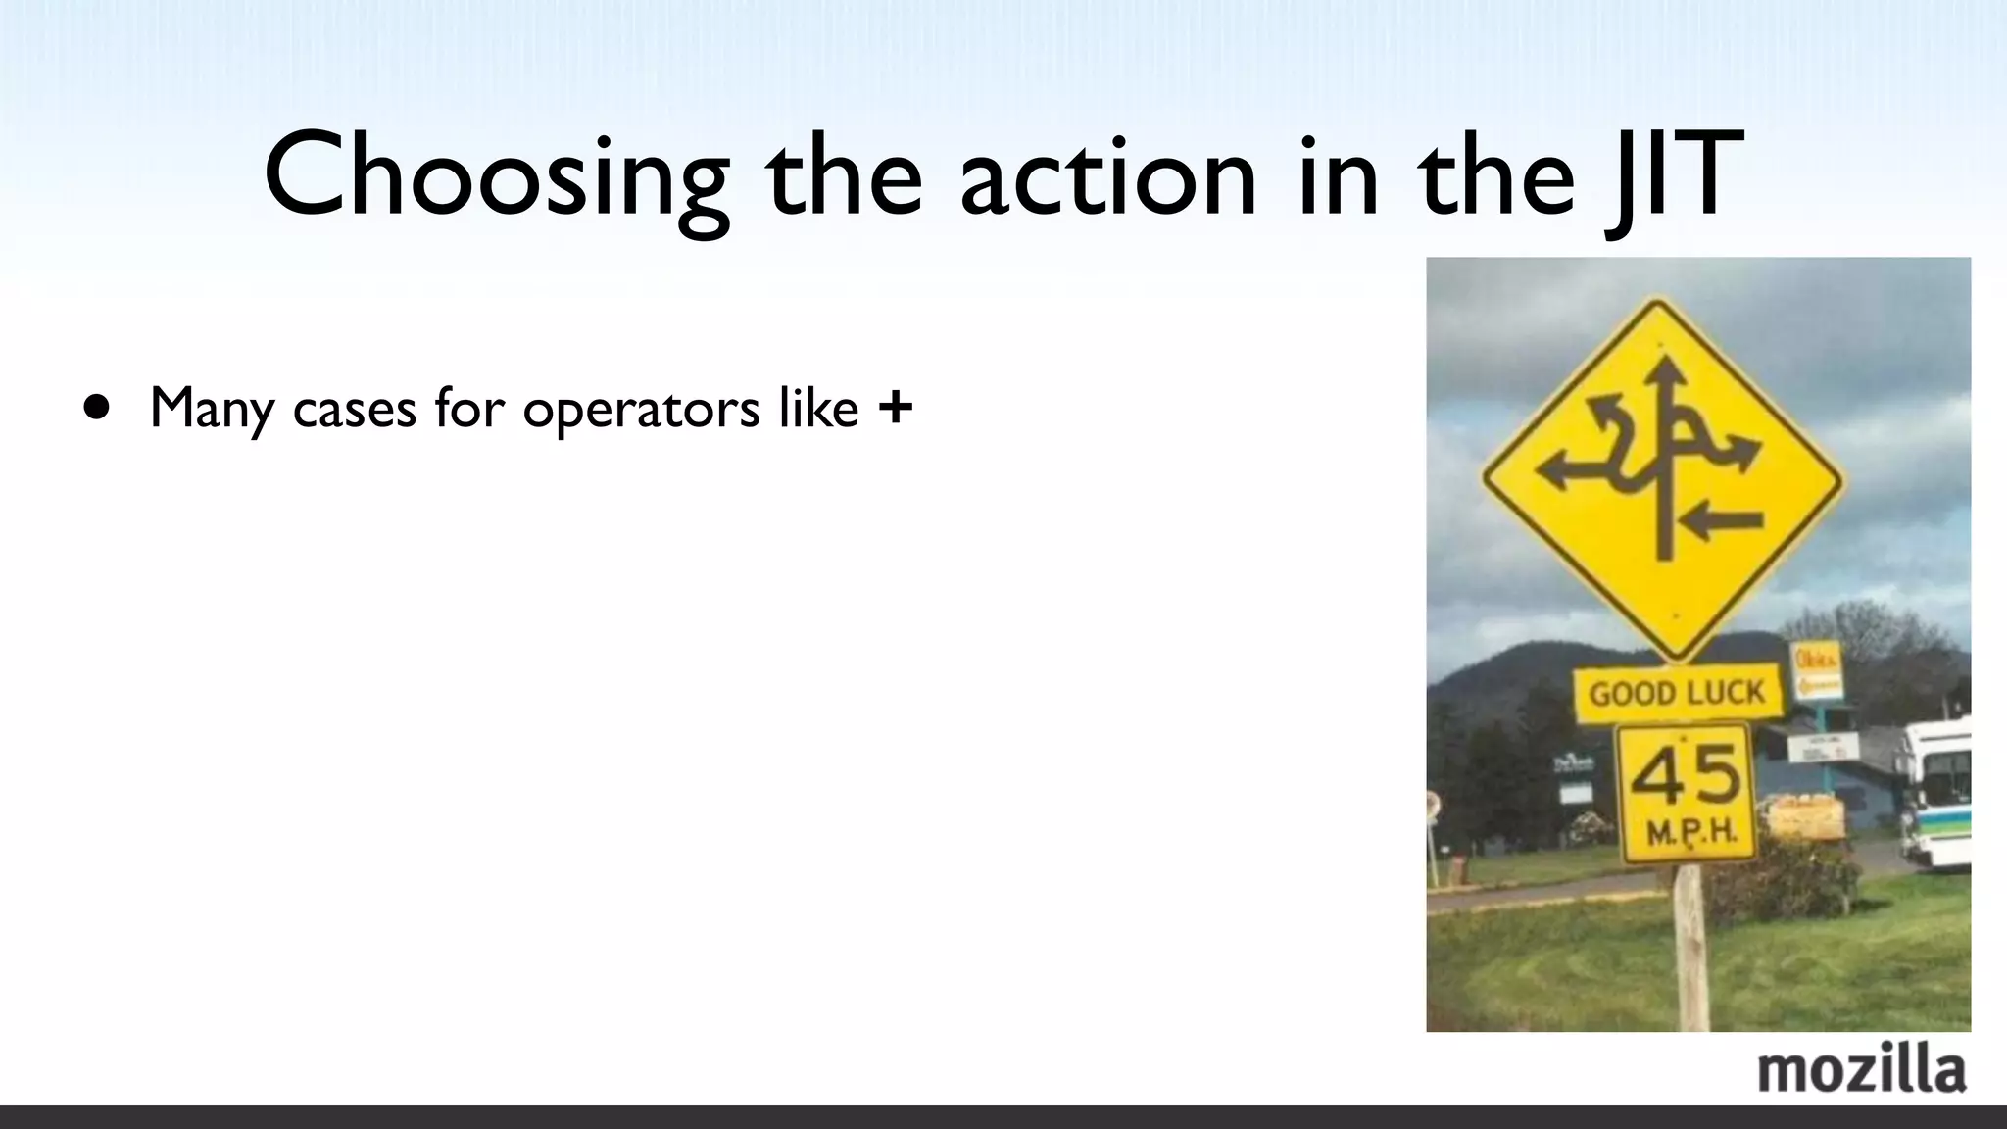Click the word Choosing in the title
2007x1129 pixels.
tap(496, 176)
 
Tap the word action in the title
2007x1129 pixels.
tap(1107, 176)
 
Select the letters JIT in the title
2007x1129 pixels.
tap(1674, 176)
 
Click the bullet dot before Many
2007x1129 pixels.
tap(97, 407)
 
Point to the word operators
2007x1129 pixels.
tap(641, 409)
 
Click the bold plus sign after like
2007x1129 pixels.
tap(896, 407)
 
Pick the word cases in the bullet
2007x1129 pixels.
tap(354, 409)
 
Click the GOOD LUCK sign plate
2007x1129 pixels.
tap(1677, 694)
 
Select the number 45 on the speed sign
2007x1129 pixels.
tap(1686, 774)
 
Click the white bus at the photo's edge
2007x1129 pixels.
tap(1936, 794)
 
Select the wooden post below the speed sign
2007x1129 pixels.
tap(1691, 946)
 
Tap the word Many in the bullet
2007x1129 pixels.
tap(212, 409)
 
